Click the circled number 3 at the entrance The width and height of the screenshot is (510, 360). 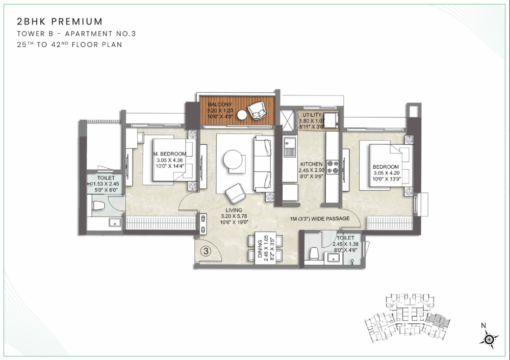coord(206,251)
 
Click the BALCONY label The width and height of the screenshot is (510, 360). coord(219,104)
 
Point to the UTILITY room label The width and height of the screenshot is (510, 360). coord(313,115)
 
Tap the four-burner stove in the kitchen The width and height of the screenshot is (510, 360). coord(333,167)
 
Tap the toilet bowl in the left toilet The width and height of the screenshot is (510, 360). coord(98,205)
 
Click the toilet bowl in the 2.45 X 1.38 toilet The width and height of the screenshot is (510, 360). coord(315,252)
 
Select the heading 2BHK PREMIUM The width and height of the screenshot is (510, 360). coord(60,21)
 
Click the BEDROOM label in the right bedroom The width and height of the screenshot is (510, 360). coord(386,167)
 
